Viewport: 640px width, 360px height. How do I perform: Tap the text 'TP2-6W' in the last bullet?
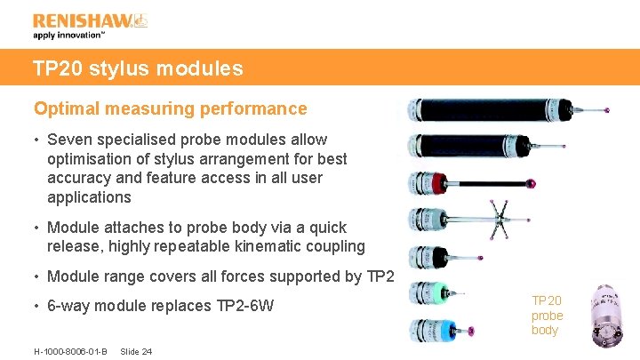pos(245,307)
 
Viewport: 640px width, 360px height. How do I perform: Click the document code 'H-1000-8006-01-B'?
pos(70,351)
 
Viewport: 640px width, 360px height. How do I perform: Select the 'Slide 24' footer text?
pos(135,351)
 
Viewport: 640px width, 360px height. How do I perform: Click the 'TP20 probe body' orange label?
pos(547,316)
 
